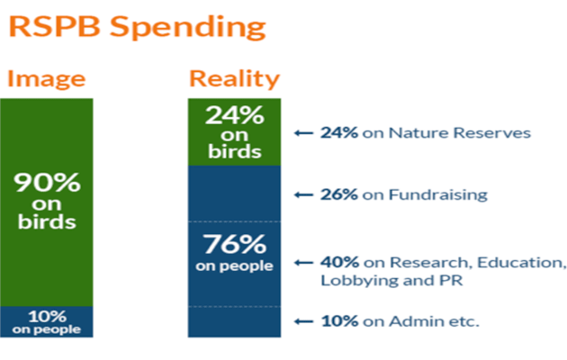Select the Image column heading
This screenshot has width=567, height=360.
46,79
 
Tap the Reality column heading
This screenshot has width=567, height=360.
234,79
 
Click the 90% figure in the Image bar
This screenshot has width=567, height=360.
47,182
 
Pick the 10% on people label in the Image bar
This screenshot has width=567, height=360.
47,322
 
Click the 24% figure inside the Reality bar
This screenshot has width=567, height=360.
234,115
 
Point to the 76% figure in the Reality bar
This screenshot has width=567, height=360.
234,244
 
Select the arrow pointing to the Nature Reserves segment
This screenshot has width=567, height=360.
304,133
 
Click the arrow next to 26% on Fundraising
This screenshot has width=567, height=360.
304,194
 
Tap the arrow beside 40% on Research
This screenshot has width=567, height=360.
304,263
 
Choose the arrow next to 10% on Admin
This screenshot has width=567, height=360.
304,321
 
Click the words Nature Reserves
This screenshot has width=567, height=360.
460,133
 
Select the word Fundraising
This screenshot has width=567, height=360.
438,195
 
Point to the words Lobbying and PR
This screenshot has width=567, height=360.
391,281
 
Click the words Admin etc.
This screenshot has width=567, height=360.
434,321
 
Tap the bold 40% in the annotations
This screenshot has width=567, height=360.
339,263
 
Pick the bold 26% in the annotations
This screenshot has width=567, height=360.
339,194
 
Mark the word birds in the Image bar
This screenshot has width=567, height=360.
47,221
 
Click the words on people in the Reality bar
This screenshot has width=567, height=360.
234,266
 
